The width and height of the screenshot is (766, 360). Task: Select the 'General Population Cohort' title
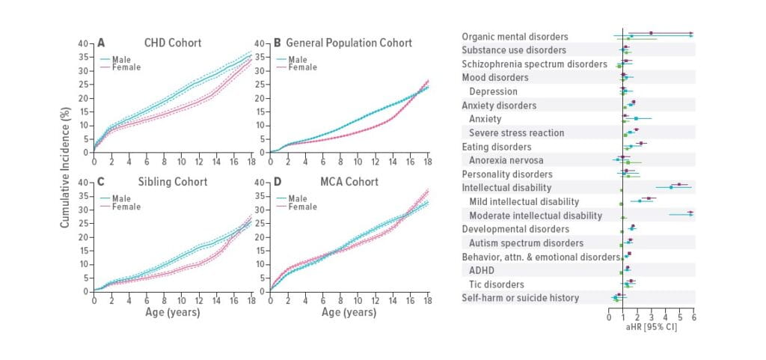349,43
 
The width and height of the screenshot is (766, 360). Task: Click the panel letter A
101,43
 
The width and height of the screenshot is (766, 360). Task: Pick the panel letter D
277,182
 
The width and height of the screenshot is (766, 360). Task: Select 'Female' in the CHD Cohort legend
126,67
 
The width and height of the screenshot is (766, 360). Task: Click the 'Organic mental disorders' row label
515,37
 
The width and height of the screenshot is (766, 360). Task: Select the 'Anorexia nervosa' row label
506,160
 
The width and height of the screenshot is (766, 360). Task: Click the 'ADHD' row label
481,270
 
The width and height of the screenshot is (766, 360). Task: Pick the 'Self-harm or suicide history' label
520,298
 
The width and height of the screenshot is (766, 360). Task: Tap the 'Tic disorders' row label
496,284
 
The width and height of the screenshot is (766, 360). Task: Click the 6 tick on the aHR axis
693,317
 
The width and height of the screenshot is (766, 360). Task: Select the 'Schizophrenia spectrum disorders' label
534,64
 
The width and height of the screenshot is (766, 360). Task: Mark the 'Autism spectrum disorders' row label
526,243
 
